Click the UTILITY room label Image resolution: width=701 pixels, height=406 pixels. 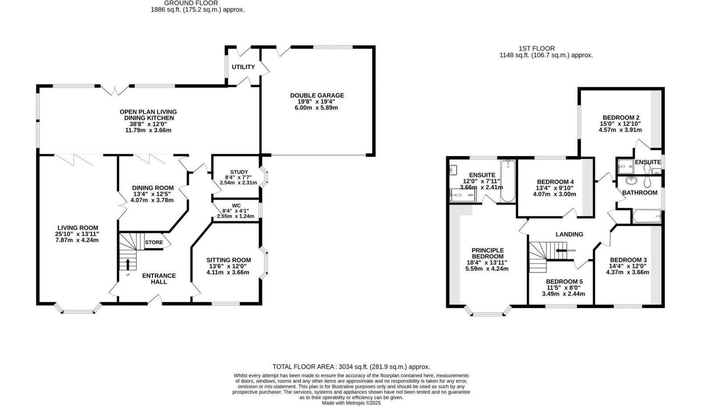coord(243,67)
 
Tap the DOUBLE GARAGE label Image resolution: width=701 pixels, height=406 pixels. coord(317,95)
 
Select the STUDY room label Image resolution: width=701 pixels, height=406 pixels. coord(239,172)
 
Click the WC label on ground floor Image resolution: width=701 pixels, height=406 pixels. coord(236,205)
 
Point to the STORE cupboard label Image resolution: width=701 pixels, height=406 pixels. coord(154,242)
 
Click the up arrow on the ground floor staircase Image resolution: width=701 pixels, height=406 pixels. coord(128,264)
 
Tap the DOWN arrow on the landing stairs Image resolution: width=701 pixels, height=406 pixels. coord(561,251)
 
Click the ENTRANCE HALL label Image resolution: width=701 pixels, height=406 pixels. coord(159,278)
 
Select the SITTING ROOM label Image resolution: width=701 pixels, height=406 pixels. coord(229,260)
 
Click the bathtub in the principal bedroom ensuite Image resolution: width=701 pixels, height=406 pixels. coord(507,182)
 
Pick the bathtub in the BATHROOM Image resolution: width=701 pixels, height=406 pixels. coord(646,216)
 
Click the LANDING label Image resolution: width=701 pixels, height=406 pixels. coord(569,234)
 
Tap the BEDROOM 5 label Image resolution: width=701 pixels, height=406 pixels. coord(564,281)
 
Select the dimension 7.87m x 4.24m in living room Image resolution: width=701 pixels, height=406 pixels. coord(77,240)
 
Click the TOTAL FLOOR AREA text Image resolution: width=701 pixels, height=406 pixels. coord(351,367)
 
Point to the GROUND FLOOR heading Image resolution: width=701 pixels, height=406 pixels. coord(197,3)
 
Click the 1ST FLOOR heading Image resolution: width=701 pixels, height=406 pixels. coord(536,48)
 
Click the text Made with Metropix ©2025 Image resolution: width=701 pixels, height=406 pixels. coord(351,402)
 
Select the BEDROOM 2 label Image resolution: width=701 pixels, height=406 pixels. coord(620,118)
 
